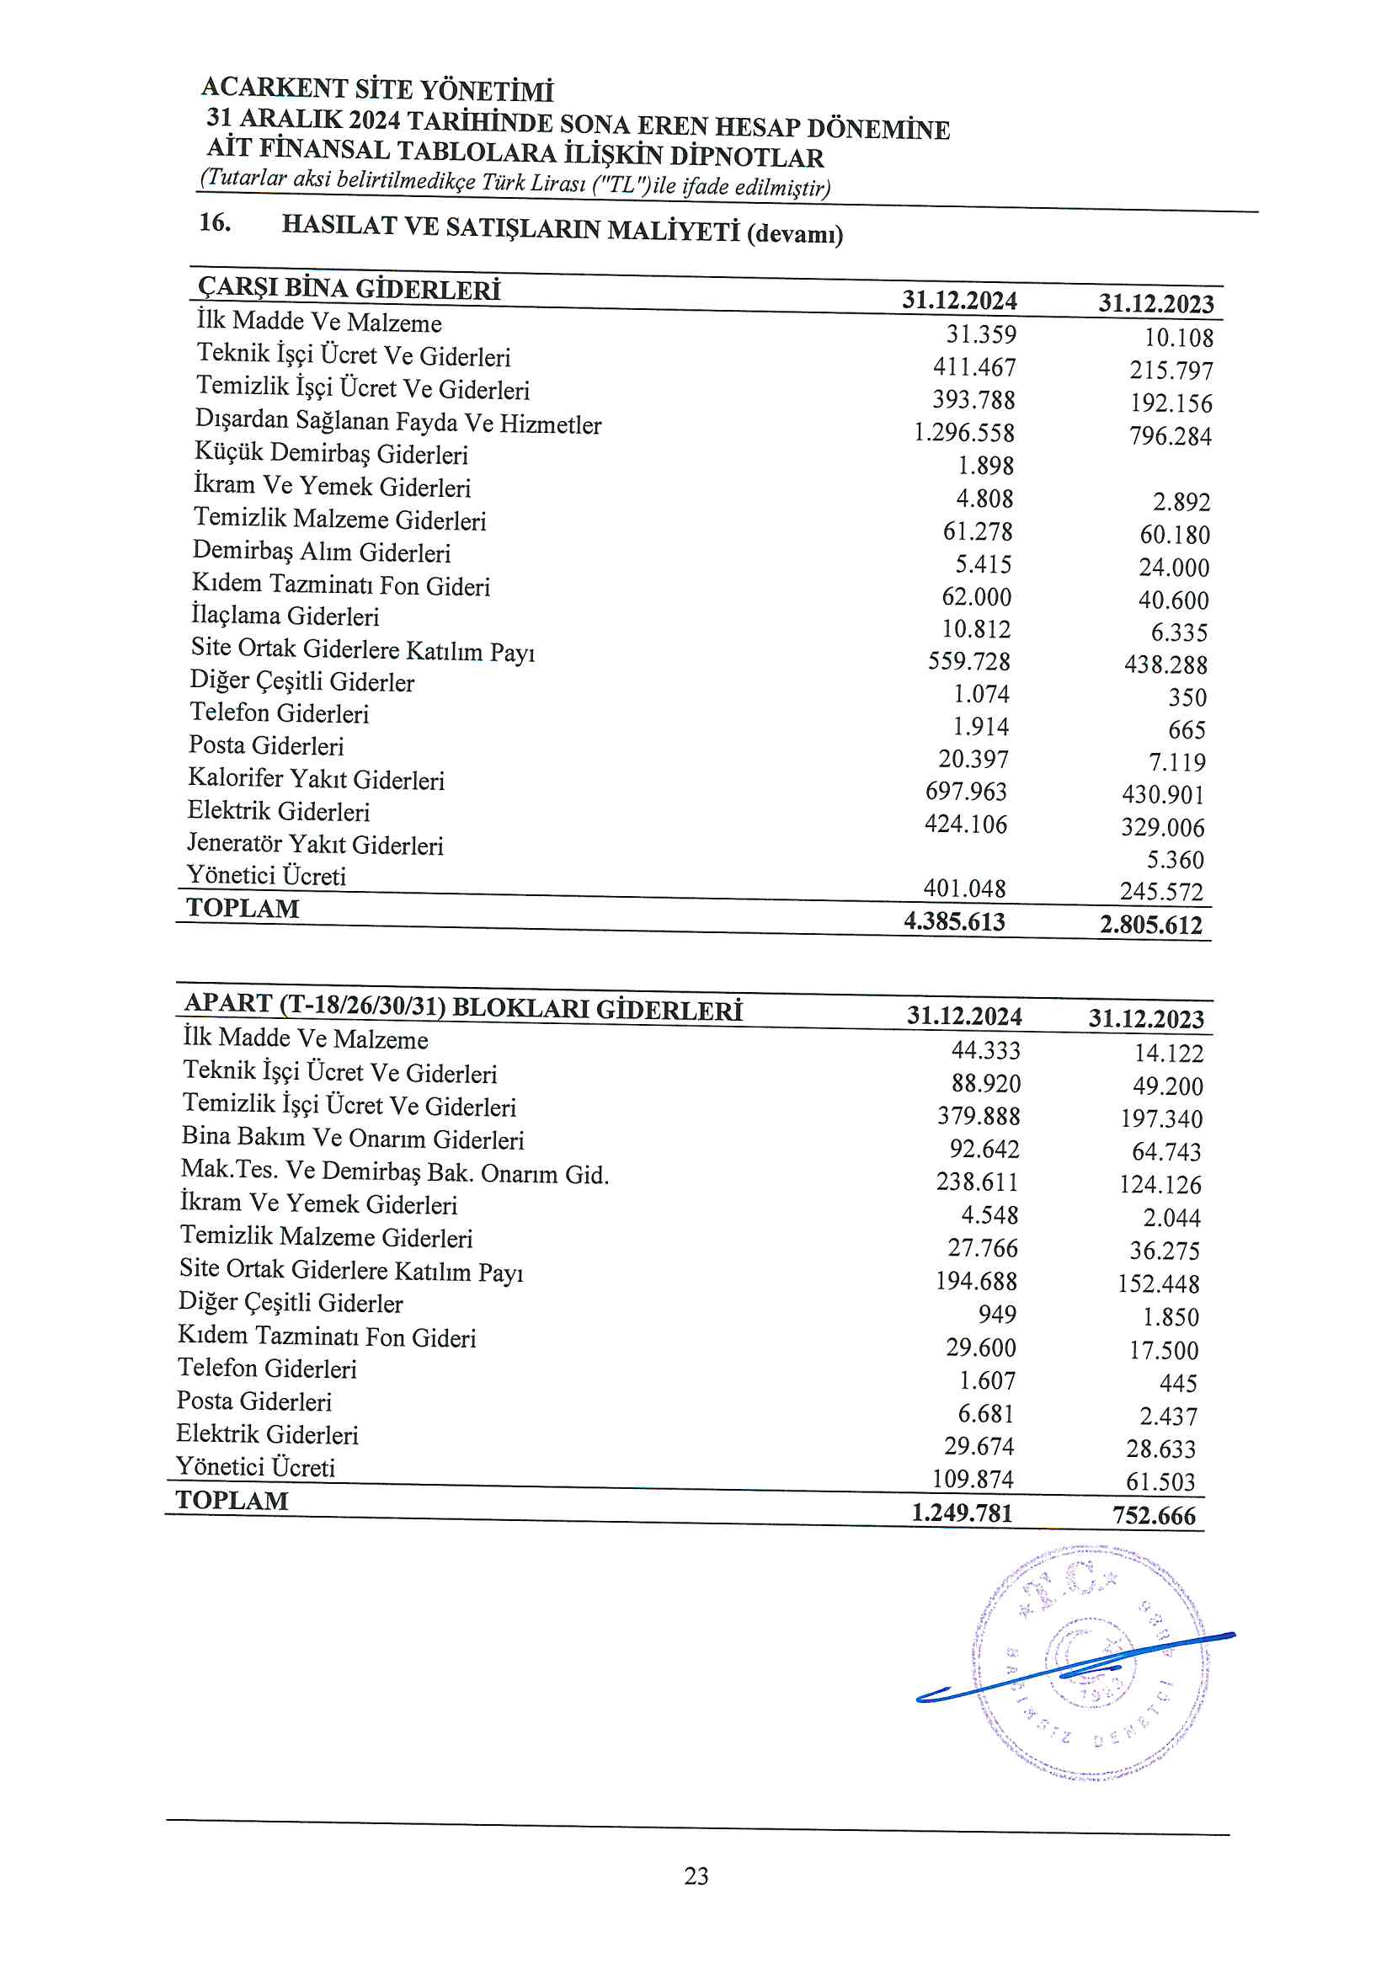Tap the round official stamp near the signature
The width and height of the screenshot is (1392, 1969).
(x=1089, y=1663)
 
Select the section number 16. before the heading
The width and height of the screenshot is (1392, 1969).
(x=215, y=223)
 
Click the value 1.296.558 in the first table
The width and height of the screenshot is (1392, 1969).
(x=963, y=432)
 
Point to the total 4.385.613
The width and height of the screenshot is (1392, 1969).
(x=954, y=922)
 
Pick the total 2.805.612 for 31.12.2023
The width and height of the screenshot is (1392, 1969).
(x=1151, y=925)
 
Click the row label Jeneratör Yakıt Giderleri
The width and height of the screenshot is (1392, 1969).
(x=315, y=844)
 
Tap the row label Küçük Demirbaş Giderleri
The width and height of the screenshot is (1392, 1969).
(x=331, y=453)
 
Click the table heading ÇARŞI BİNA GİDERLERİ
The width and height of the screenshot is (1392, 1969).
(x=349, y=288)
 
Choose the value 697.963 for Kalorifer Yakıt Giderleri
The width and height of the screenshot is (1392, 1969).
(x=966, y=791)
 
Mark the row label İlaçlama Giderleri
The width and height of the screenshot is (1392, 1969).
(x=285, y=616)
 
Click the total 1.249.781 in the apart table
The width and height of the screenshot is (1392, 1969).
(x=962, y=1513)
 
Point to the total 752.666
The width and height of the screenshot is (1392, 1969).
(x=1154, y=1516)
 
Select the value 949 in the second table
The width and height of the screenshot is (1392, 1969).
(x=996, y=1315)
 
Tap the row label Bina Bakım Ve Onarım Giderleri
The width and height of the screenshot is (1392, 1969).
(x=353, y=1138)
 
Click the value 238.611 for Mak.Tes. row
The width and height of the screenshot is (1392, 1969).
(x=977, y=1182)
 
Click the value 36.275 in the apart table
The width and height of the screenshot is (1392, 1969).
(x=1164, y=1251)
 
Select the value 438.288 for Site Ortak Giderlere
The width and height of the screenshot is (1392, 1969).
(x=1165, y=664)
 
